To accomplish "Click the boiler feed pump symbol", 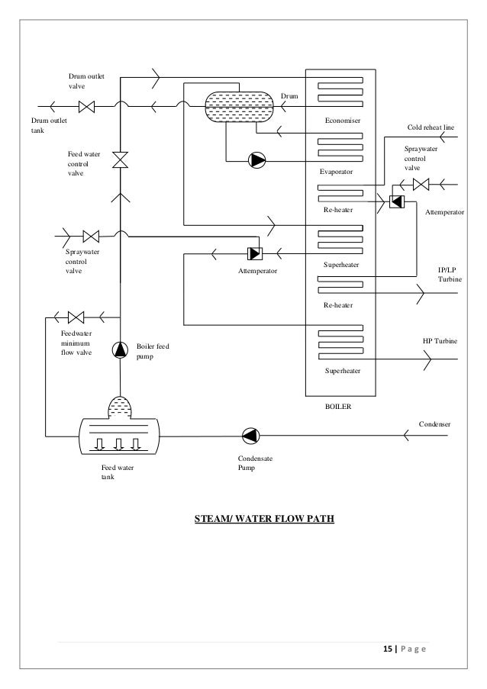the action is [120, 349].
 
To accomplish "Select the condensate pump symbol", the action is [251, 436].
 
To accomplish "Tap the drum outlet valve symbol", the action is [86, 107].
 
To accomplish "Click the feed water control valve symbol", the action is [120, 160].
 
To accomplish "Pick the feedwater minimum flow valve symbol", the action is [76, 317].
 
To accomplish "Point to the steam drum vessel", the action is [240, 107].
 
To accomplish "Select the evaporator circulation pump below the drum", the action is [257, 160].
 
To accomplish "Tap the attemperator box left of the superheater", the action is [255, 253].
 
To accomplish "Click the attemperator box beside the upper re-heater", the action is [397, 201].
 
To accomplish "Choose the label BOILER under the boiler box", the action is [338, 407].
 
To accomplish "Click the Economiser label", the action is [343, 121].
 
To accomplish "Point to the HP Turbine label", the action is [440, 341].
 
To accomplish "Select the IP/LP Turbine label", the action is [450, 275].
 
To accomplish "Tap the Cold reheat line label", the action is [431, 127].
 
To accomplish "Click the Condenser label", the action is [434, 424].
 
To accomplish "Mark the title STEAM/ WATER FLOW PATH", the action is [265, 519].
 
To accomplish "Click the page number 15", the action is [388, 649].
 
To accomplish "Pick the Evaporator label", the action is [336, 172].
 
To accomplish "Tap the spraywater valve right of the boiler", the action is [421, 185].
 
